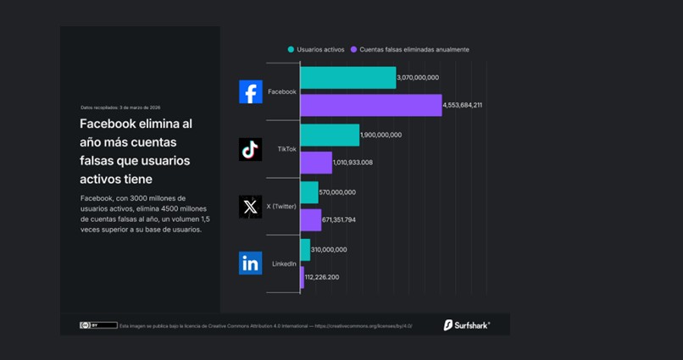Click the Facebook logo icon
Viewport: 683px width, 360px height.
pyautogui.click(x=251, y=91)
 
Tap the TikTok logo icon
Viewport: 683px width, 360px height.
pyautogui.click(x=250, y=149)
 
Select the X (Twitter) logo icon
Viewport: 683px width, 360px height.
pyautogui.click(x=250, y=207)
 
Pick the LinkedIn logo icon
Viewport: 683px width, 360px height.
pyautogui.click(x=250, y=263)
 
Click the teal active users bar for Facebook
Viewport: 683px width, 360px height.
pyautogui.click(x=347, y=78)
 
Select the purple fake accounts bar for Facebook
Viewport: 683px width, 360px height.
pyautogui.click(x=370, y=105)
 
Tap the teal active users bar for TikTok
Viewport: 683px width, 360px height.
pyautogui.click(x=330, y=135)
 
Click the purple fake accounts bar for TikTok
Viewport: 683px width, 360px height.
pyautogui.click(x=316, y=163)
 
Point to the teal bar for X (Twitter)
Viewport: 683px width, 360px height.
pyautogui.click(x=309, y=192)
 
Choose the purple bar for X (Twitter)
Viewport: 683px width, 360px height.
pyautogui.click(x=311, y=220)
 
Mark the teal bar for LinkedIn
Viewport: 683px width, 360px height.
pyautogui.click(x=305, y=250)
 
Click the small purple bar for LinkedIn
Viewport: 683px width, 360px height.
pyautogui.click(x=303, y=277)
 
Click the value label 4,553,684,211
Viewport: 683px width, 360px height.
pyautogui.click(x=463, y=105)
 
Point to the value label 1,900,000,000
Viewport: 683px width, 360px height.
pyautogui.click(x=381, y=135)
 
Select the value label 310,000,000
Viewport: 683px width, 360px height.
pyautogui.click(x=330, y=250)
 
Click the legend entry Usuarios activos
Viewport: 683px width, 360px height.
pyautogui.click(x=316, y=50)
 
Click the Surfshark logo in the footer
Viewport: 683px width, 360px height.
pyautogui.click(x=467, y=324)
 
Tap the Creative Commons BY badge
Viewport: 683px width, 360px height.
pyautogui.click(x=98, y=325)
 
